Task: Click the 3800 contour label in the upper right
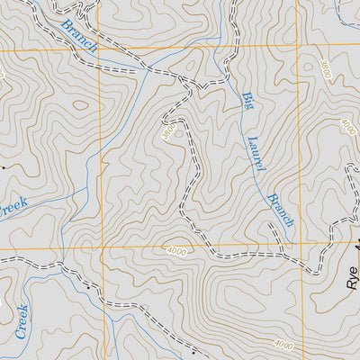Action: [326, 71]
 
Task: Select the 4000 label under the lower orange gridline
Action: [176, 252]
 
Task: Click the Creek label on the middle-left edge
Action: [13, 207]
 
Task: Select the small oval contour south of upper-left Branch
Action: [81, 104]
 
